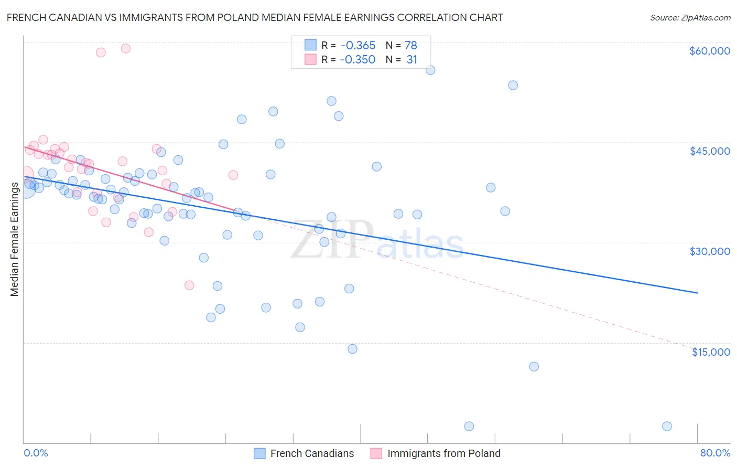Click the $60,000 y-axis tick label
click(709, 51)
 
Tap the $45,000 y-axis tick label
click(709, 151)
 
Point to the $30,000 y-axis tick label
click(709, 251)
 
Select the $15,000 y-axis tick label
click(711, 352)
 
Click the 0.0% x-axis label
click(36, 453)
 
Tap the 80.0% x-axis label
click(715, 453)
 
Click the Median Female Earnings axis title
click(15, 239)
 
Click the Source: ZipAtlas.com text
click(690, 18)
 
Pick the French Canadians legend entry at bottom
click(304, 454)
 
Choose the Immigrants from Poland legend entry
click(436, 454)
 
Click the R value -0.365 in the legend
click(357, 46)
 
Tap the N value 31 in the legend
click(412, 60)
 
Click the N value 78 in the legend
click(411, 46)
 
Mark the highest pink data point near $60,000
click(126, 48)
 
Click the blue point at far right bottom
click(667, 426)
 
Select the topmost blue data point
click(430, 70)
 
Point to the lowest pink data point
click(189, 285)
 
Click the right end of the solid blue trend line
click(697, 293)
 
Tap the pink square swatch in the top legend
click(310, 60)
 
